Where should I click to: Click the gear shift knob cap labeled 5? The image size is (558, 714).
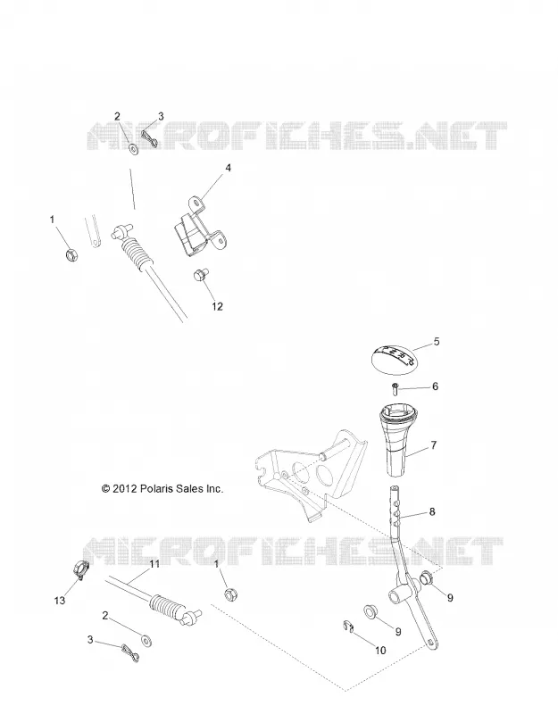click(x=395, y=360)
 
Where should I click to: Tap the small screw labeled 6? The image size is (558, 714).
click(x=396, y=389)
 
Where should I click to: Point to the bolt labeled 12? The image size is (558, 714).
click(x=200, y=275)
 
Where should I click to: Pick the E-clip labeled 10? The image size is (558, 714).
click(x=348, y=627)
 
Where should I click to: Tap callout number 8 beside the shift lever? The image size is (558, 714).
click(x=432, y=511)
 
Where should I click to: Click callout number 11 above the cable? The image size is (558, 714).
click(x=154, y=564)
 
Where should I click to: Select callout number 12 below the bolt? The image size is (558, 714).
click(x=217, y=306)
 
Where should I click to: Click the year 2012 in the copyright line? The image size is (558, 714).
click(x=125, y=488)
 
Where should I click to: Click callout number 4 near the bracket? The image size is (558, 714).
click(x=229, y=168)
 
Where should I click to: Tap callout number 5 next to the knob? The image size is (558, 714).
click(x=437, y=342)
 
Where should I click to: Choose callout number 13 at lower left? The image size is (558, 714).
click(x=60, y=601)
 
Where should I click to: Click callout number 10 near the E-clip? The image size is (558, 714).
click(x=380, y=651)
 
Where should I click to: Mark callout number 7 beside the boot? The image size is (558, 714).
click(x=434, y=444)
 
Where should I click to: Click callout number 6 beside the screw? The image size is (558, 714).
click(x=435, y=386)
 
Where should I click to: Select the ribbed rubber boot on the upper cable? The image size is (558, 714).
click(x=136, y=254)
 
